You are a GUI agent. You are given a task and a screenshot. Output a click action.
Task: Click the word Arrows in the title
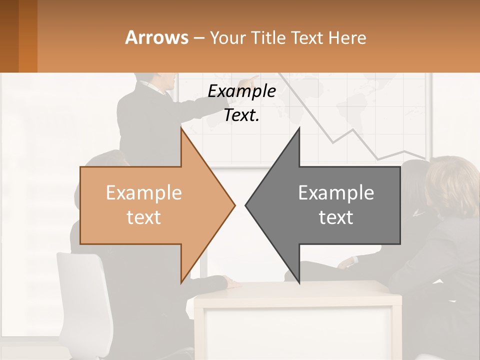point(156,37)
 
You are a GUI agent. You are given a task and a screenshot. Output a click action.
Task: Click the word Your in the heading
point(228,37)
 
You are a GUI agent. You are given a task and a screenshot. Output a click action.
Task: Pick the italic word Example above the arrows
point(241,91)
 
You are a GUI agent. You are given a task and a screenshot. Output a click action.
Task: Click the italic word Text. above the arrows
point(241,115)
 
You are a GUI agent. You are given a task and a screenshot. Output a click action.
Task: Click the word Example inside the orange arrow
point(144,193)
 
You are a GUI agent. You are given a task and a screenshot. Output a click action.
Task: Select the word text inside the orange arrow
point(144,217)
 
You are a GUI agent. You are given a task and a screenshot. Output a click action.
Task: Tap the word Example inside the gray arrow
point(336,193)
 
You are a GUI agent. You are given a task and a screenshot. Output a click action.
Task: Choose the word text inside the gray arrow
point(336,217)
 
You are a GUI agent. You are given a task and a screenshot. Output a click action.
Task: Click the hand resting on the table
point(231,282)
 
